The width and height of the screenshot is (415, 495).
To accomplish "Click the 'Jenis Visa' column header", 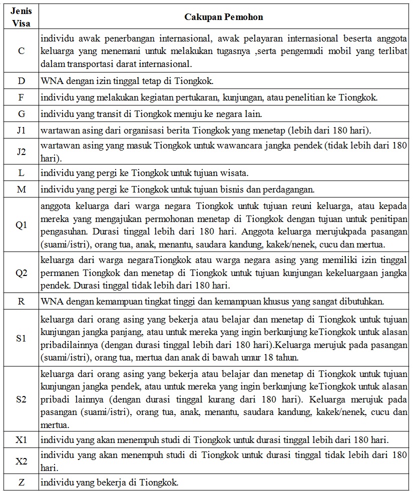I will pos(21,16).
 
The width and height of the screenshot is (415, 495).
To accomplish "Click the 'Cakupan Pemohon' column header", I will pos(224,17).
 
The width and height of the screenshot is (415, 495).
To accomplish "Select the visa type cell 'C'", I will pos(21,51).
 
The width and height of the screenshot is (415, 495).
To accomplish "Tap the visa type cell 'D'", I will pos(21,80).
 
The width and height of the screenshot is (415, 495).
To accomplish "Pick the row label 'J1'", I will pos(21,131).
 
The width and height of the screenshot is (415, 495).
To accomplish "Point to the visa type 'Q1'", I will pos(21,225).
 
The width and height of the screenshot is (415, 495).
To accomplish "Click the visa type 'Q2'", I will pos(21,273).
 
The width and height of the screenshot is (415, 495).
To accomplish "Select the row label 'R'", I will pos(21,301).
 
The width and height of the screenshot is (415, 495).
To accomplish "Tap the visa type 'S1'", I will pos(21,338).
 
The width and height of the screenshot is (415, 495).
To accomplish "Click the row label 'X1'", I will pos(21,439).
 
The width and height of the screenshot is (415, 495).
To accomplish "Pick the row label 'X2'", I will pos(21,461).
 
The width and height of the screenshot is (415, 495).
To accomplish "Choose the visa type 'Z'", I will pos(21,482).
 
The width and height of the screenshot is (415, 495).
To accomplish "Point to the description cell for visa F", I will pos(224,97).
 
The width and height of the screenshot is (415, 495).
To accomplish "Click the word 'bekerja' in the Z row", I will pos(112,482).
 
